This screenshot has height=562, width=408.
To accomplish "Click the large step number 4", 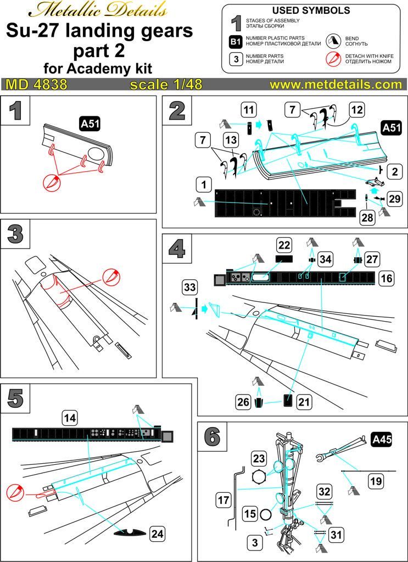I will coord(176,250).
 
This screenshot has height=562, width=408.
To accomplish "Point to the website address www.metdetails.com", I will coord(336,85).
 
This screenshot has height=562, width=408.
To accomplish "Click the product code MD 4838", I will coord(36,85).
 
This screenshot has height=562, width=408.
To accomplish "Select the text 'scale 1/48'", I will coord(166,85).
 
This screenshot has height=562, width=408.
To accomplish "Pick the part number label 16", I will coord(386,279).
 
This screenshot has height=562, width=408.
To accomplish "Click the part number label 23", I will coord(259,458).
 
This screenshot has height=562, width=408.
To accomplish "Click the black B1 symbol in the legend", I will coord(236,42).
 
